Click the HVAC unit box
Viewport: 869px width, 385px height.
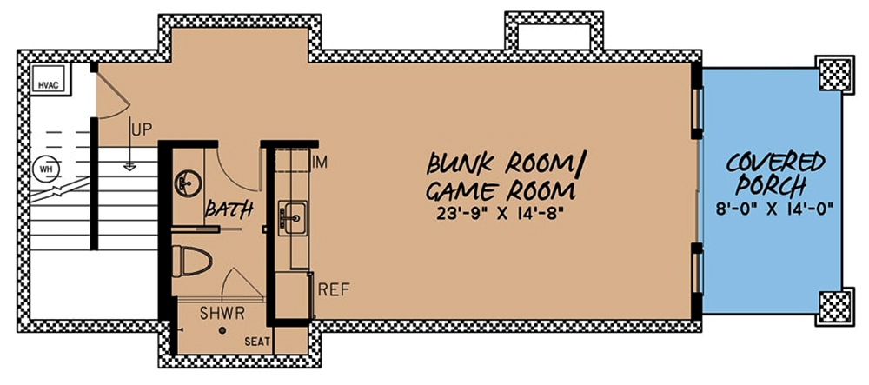[x=45, y=85]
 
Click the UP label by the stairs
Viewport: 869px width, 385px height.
[x=141, y=130]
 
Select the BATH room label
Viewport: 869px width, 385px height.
[x=229, y=209]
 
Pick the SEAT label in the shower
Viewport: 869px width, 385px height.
[x=255, y=342]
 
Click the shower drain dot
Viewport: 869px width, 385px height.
[x=222, y=331]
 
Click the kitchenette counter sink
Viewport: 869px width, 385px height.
[x=291, y=213]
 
